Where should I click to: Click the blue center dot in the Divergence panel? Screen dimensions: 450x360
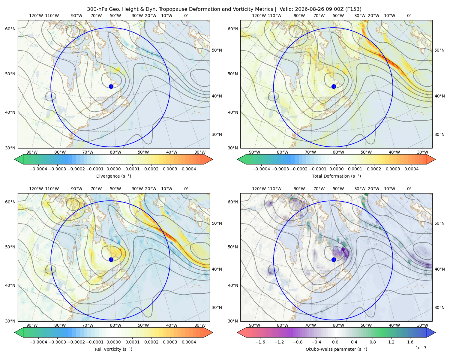[x=111, y=86]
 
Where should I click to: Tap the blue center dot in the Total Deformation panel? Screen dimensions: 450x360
[x=334, y=86]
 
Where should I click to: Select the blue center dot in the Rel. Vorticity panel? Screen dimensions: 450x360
[x=111, y=259]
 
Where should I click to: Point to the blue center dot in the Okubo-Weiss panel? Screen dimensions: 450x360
[x=334, y=259]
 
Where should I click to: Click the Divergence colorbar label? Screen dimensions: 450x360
[x=113, y=176]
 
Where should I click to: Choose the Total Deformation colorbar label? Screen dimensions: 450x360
[x=336, y=176]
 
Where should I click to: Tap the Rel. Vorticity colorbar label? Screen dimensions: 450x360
[x=113, y=349]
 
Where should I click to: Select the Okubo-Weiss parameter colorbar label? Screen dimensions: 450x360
[x=336, y=349]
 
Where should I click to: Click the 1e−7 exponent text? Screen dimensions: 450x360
[x=421, y=348]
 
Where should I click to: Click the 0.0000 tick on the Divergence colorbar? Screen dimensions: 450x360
[x=113, y=169]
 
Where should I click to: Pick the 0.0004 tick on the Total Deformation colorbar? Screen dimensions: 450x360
[x=412, y=169]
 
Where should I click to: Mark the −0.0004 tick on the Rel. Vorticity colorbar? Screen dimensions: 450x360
[x=38, y=342]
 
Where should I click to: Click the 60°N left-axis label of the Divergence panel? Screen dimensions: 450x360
[x=10, y=29]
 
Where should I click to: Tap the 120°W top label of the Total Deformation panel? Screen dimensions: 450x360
[x=259, y=16]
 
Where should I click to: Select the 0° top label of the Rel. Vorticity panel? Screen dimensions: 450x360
[x=186, y=189]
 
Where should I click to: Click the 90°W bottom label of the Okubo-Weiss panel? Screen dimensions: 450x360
[x=254, y=325]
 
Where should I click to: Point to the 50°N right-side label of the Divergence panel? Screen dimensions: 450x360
[x=217, y=50]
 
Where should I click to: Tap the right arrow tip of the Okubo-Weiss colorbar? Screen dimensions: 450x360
[x=435, y=332]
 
